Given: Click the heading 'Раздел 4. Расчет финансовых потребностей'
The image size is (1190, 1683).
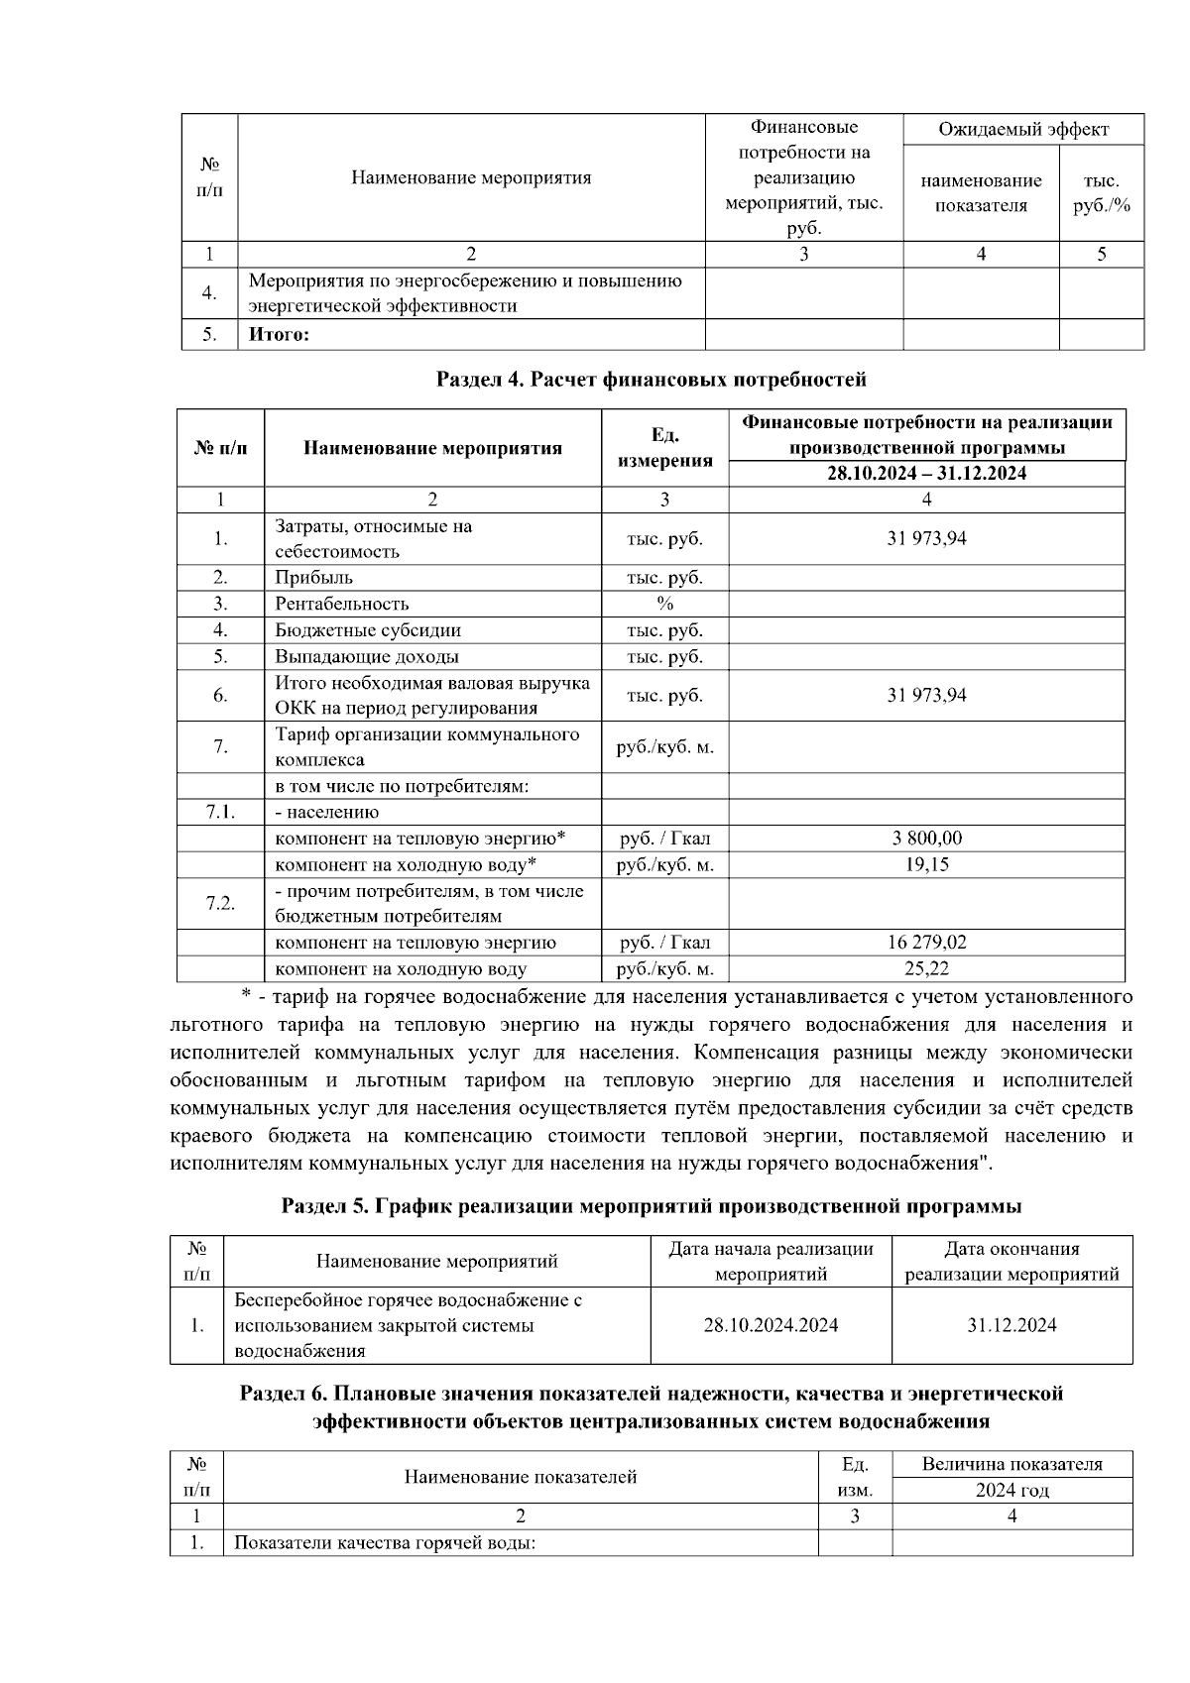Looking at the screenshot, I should coord(652,380).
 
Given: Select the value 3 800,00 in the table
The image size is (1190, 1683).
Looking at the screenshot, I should coord(926,839).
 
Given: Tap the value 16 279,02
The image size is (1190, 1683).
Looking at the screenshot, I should coord(926,943).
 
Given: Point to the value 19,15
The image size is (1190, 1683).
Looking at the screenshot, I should coord(926,864).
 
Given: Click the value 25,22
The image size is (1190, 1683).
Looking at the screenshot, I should coord(926,968).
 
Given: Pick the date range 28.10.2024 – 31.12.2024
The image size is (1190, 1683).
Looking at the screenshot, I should coord(926,474).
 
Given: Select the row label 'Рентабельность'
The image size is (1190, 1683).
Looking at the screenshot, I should coord(341,604).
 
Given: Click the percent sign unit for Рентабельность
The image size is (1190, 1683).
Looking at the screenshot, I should coord(664,604).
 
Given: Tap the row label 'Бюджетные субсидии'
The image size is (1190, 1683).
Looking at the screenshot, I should coord(367,630).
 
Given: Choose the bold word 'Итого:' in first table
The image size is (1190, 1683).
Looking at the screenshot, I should coord(279,335).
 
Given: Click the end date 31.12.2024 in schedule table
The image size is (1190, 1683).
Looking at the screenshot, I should coord(1011,1325).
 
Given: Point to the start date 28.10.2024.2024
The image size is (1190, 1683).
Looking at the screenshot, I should coord(771,1325).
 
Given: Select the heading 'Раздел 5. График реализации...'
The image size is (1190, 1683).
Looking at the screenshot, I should coord(652,1206).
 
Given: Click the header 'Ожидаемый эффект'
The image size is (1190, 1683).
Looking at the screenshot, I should coord(1022,130).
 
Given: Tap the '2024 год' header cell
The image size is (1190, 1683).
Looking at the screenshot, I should coord(1011,1490).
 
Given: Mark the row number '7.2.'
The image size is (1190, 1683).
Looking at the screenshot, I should coord(220,903).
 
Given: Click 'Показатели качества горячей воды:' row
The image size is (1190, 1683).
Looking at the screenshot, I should coord(385,1543).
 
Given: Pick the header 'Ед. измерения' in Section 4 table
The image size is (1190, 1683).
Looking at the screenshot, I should coord(664,448).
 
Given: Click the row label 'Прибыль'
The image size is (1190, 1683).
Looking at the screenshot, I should coord(313,578).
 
